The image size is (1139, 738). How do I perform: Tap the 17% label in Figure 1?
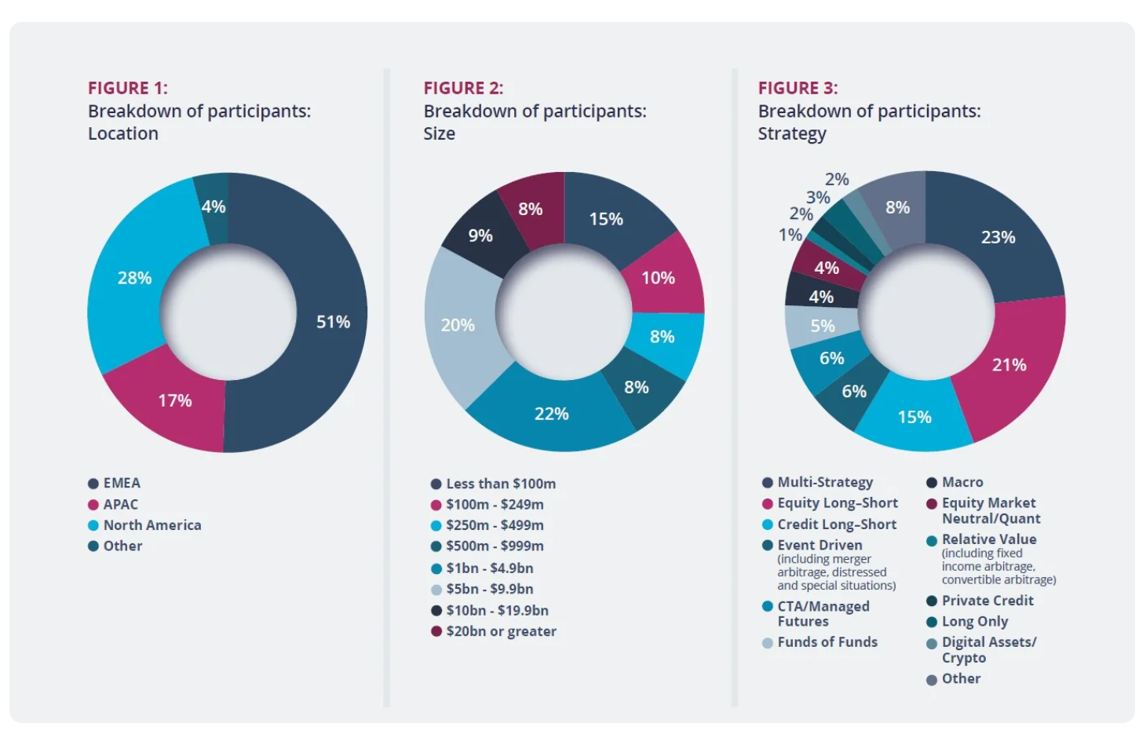pyautogui.click(x=174, y=400)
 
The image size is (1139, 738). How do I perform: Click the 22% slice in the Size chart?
pyautogui.click(x=551, y=414)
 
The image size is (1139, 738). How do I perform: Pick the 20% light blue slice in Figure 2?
pyautogui.click(x=458, y=325)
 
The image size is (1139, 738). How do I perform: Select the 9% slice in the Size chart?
pyautogui.click(x=480, y=236)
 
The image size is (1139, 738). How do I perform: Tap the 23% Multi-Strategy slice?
pyautogui.click(x=998, y=237)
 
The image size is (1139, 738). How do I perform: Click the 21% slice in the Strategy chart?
pyautogui.click(x=1009, y=365)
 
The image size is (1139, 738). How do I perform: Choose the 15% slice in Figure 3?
pyautogui.click(x=914, y=417)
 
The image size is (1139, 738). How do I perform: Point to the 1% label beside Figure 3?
pyautogui.click(x=790, y=235)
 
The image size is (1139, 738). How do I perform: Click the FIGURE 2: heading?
pyautogui.click(x=463, y=88)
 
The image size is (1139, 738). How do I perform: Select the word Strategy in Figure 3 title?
pyautogui.click(x=792, y=134)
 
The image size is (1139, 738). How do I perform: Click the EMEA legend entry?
pyautogui.click(x=122, y=484)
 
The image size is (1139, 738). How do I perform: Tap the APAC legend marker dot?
pyautogui.click(x=93, y=505)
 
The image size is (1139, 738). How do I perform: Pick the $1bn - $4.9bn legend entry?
pyautogui.click(x=489, y=568)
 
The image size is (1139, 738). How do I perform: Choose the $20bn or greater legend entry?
pyautogui.click(x=501, y=631)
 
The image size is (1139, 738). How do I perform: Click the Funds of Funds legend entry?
pyautogui.click(x=827, y=642)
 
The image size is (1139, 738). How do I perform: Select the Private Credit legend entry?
pyautogui.click(x=987, y=601)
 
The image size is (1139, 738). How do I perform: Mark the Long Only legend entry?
pyautogui.click(x=975, y=622)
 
